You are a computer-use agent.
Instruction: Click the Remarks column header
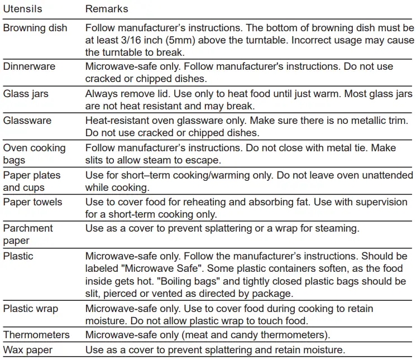(107, 9)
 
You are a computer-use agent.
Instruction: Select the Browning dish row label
(35, 27)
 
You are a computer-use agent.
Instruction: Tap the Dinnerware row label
(29, 66)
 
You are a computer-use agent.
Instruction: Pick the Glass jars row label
(26, 93)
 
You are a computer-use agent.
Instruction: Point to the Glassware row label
(27, 120)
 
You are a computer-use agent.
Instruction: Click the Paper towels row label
(32, 201)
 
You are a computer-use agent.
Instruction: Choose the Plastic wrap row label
(31, 309)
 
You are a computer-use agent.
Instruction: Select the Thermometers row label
(36, 335)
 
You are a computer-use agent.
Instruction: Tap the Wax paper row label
(27, 350)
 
